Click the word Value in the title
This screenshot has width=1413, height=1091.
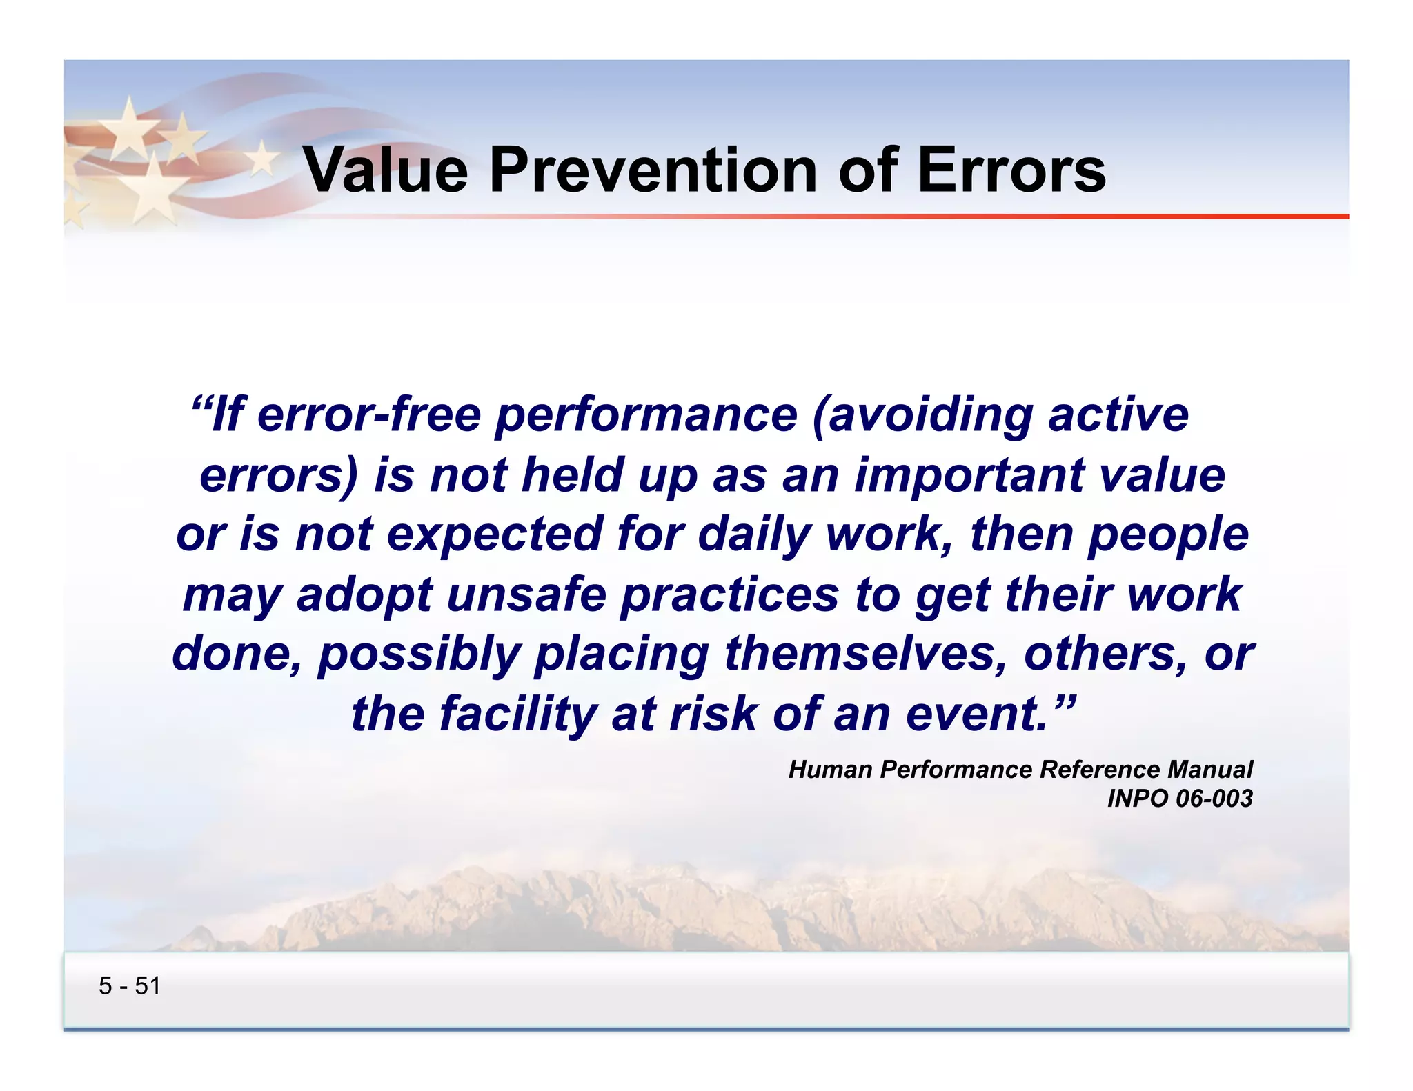386,170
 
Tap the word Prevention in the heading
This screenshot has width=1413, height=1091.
653,170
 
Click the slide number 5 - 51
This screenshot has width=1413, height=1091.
130,986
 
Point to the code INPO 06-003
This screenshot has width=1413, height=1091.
1179,799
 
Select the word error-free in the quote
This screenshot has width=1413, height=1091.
369,415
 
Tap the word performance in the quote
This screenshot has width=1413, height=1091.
646,417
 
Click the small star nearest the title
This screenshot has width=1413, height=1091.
262,158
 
